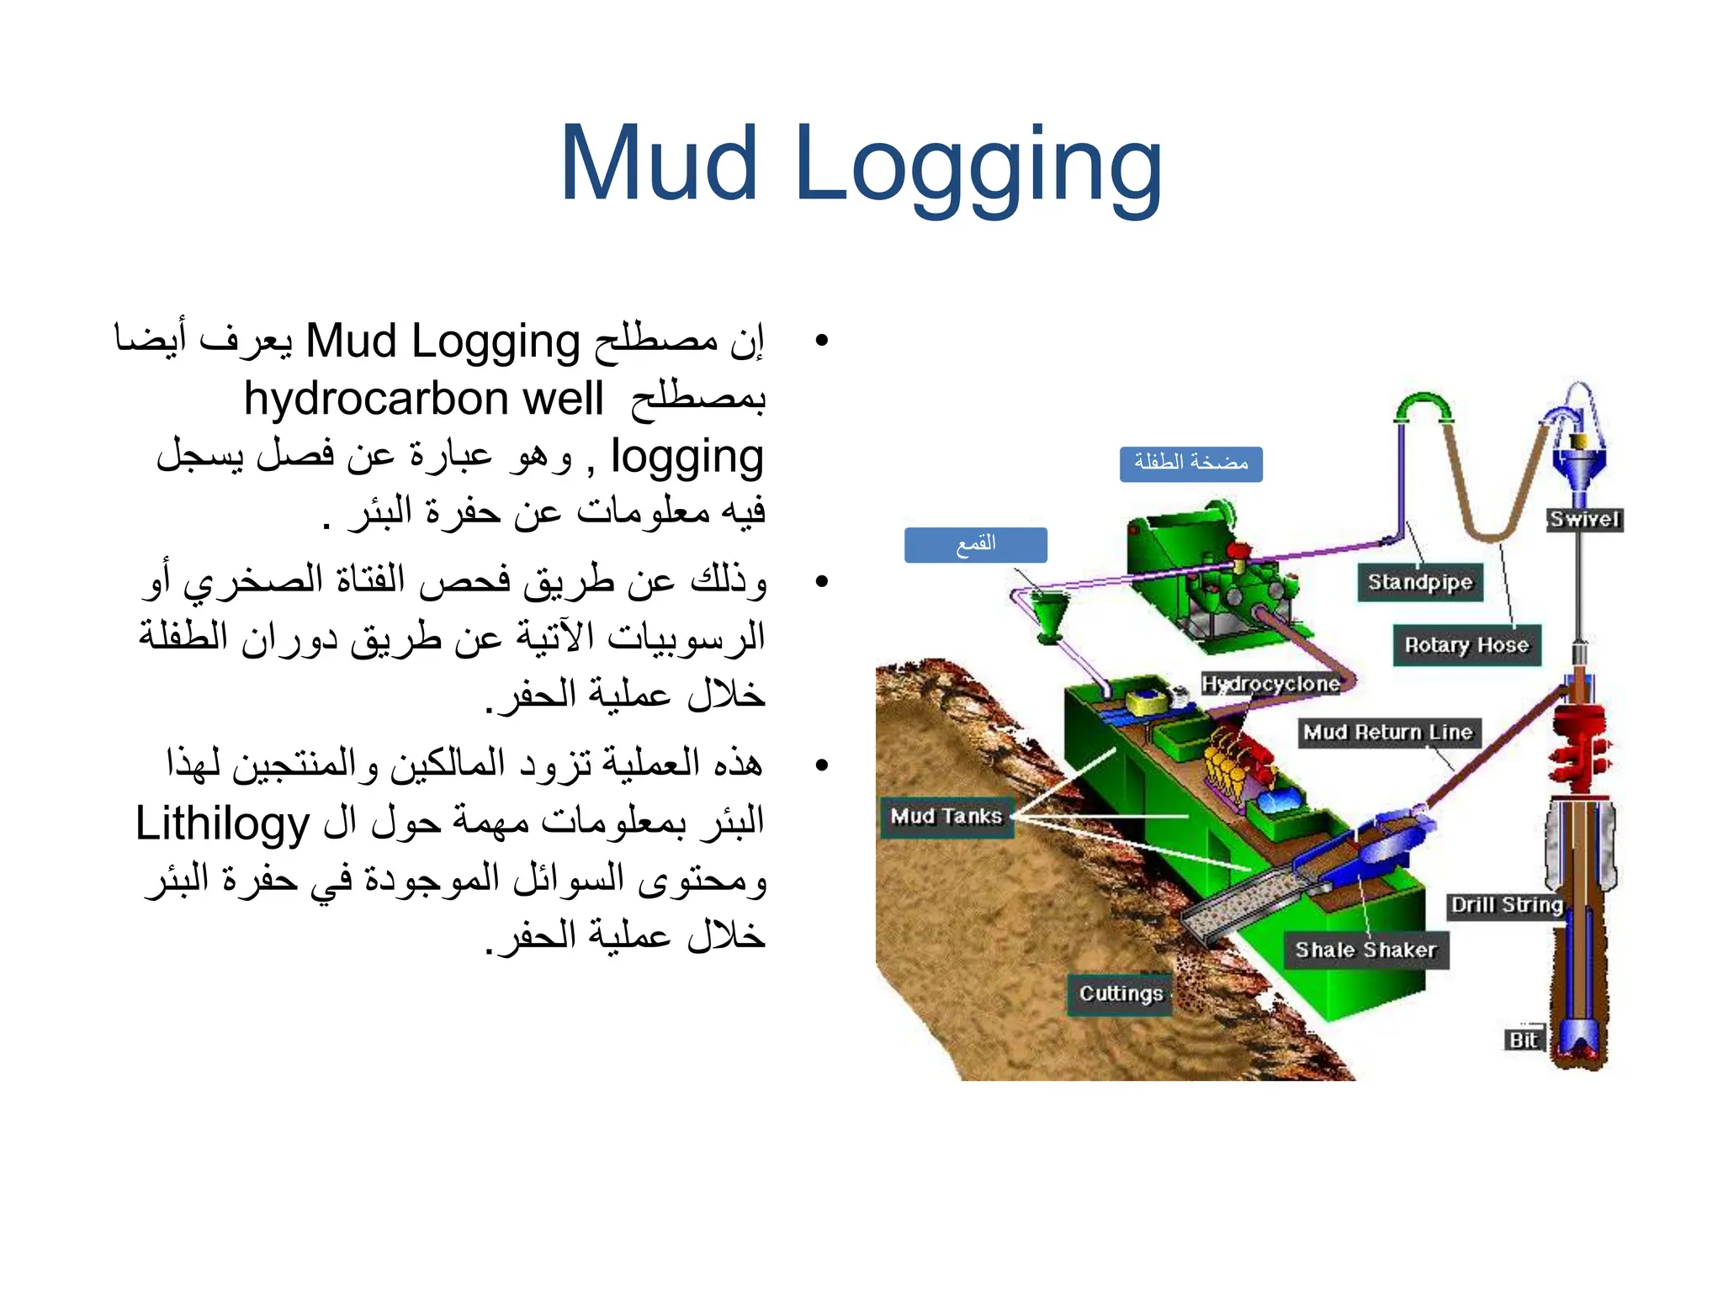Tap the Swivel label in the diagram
click(x=1585, y=519)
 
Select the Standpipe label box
click(x=1420, y=582)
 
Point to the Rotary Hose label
click(x=1466, y=645)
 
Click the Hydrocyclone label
click(x=1270, y=684)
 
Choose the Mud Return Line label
click(x=1388, y=733)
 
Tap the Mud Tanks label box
click(x=946, y=817)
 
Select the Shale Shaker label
click(x=1365, y=950)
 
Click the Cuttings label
click(x=1121, y=994)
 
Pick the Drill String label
click(x=1507, y=905)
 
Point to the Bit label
click(x=1524, y=1040)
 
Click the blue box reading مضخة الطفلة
click(x=1190, y=463)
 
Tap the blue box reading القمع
click(x=975, y=545)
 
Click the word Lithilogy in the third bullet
click(x=223, y=824)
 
